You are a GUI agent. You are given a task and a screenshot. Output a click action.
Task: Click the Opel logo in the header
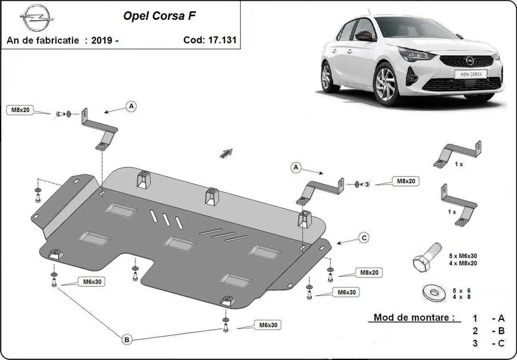click(x=37, y=18)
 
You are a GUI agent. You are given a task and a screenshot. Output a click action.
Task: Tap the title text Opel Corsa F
click(x=159, y=16)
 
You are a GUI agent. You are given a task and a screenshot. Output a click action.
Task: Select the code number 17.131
click(x=222, y=40)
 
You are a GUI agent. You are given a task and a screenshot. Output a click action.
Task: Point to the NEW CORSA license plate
click(x=471, y=74)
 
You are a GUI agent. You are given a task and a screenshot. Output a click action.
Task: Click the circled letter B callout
click(x=127, y=340)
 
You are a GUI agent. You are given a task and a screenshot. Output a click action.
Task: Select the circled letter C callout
click(x=364, y=238)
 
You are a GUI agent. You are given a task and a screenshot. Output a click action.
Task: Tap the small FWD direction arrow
click(x=227, y=153)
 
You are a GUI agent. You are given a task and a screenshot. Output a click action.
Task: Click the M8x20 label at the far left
click(x=20, y=110)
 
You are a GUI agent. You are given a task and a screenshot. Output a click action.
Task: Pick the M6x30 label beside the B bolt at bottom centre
click(x=268, y=325)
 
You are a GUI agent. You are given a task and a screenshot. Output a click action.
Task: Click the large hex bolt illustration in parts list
click(x=427, y=257)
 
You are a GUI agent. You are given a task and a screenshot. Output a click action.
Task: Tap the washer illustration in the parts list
click(x=434, y=293)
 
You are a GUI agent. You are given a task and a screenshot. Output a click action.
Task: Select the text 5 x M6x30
click(x=463, y=256)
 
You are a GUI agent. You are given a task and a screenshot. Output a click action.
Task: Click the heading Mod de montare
click(x=414, y=317)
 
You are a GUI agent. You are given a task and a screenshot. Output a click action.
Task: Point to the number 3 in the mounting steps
click(x=475, y=343)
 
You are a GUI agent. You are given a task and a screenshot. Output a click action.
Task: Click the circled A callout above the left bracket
click(x=131, y=106)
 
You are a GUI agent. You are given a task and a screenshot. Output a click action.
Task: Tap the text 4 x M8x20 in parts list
click(x=463, y=263)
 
